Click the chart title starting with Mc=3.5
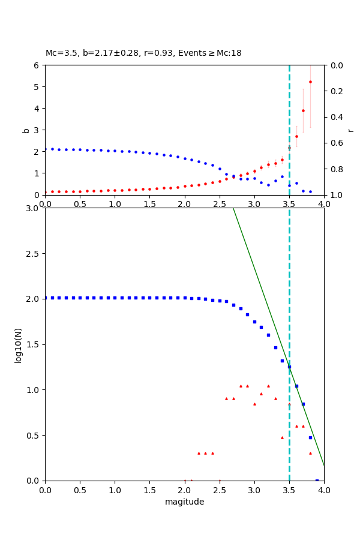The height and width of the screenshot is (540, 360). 143,53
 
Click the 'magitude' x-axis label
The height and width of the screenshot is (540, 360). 184,502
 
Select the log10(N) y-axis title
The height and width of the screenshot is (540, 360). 18,344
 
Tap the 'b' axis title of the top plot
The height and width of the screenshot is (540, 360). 26,130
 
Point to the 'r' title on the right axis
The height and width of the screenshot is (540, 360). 350,130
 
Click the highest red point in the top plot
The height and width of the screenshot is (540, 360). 310,82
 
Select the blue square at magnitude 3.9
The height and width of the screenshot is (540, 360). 317,480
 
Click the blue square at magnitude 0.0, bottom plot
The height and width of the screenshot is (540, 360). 46,298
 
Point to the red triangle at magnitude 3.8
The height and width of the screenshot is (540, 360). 310,453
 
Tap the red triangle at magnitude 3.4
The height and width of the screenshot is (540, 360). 282,437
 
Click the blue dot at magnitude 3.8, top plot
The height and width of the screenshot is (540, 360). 310,191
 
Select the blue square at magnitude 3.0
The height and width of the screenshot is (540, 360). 254,322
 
